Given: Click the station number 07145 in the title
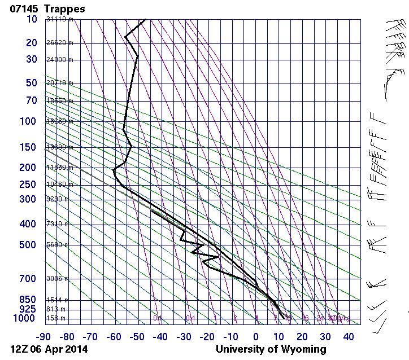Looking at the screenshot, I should click(24, 8).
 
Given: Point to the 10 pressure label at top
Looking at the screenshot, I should click(32, 19).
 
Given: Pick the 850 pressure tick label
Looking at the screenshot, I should click(29, 300).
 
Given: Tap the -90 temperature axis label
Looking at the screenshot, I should click(43, 337).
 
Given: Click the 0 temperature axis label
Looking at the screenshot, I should click(256, 337).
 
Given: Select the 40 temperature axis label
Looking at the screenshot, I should click(349, 337).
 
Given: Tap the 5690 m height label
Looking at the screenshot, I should click(57, 245).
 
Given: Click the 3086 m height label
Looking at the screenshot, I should click(57, 279).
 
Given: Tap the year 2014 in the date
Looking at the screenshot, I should click(75, 349).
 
